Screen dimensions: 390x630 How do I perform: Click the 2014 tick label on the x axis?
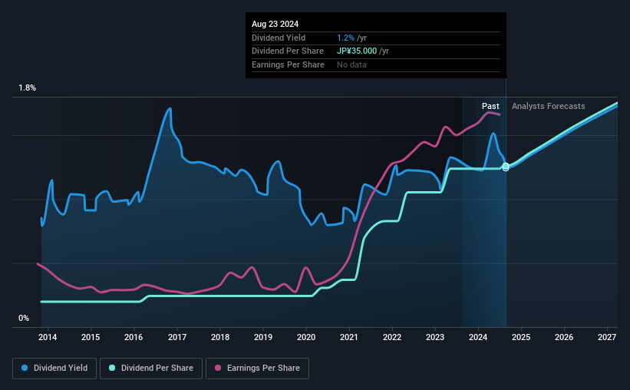pyautogui.click(x=48, y=337)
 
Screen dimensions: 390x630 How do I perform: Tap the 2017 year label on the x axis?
pyautogui.click(x=177, y=337)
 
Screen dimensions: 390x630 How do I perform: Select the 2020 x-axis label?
pyautogui.click(x=306, y=337)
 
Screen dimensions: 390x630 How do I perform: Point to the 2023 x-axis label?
pyautogui.click(x=435, y=337)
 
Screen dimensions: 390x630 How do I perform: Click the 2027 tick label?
pyautogui.click(x=607, y=337)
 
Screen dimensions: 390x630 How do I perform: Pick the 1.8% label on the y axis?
pyautogui.click(x=28, y=88)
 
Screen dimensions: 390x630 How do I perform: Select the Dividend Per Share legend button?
pyautogui.click(x=153, y=369)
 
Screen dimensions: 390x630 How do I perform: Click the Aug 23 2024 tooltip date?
pyautogui.click(x=275, y=24)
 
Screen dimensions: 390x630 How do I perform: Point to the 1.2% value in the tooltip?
pyautogui.click(x=345, y=38)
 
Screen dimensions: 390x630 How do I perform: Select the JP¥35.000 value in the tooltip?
pyautogui.click(x=357, y=51)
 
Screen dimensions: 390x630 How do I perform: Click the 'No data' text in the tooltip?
pyautogui.click(x=351, y=64)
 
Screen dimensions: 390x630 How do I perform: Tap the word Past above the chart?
pyautogui.click(x=490, y=106)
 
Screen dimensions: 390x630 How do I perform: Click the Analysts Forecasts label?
pyautogui.click(x=548, y=106)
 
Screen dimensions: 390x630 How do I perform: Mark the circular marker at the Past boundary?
pyautogui.click(x=506, y=167)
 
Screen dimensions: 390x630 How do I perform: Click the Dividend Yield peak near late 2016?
pyautogui.click(x=170, y=108)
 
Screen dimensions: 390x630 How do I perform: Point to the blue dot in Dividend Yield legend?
pyautogui.click(x=25, y=369)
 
